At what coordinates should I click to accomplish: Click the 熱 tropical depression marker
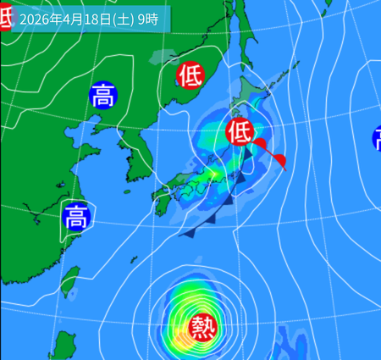tap(203, 324)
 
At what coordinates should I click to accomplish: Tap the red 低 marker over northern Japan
tap(240, 130)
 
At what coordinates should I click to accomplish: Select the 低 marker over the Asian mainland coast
tap(190, 75)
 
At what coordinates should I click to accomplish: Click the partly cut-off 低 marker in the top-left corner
tap(4, 10)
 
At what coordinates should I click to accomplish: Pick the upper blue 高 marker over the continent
tap(103, 96)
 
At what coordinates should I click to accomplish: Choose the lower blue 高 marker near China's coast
tap(76, 217)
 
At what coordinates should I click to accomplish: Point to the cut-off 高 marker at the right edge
tap(377, 138)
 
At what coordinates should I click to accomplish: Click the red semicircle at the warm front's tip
tap(280, 161)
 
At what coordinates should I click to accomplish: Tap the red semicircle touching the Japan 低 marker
tap(260, 144)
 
